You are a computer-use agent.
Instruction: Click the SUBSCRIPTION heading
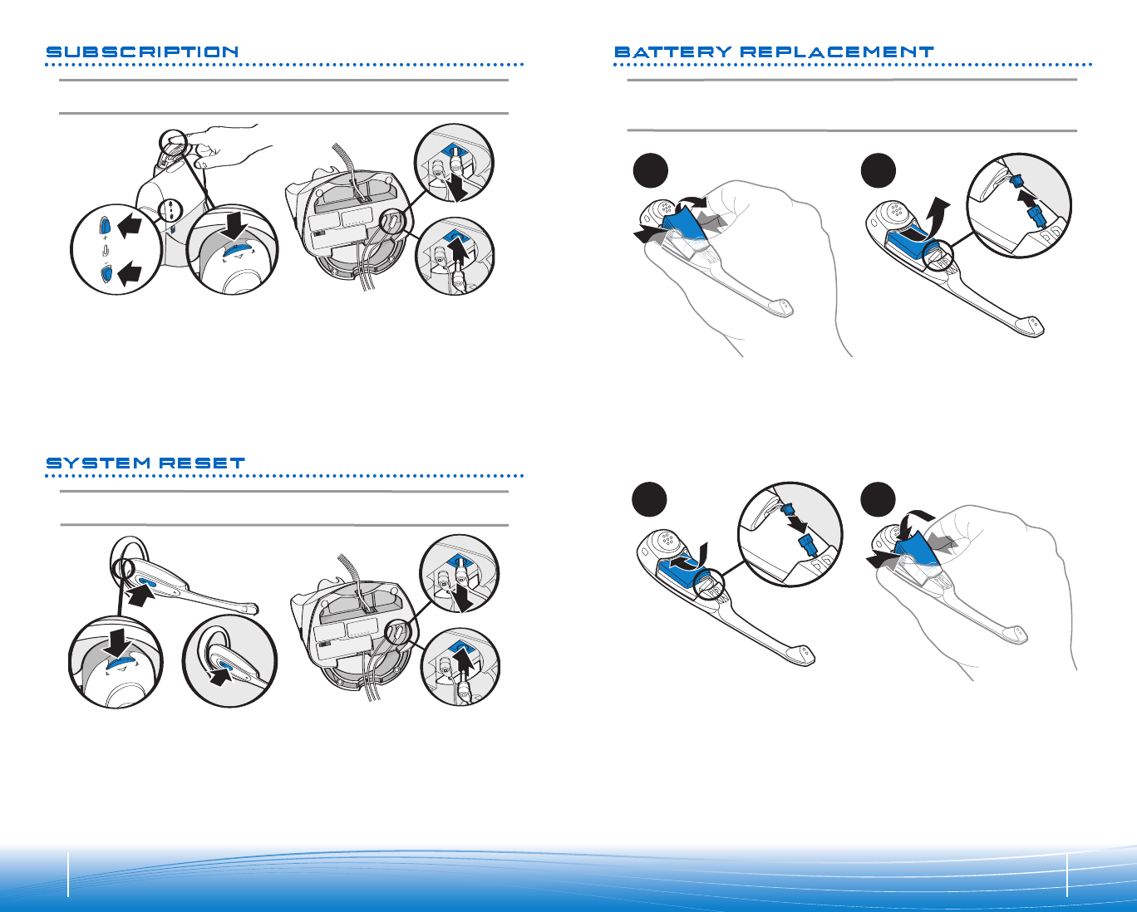click(x=142, y=52)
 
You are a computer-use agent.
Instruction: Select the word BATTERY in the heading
click(x=672, y=52)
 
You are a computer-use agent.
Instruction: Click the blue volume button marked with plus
click(x=105, y=225)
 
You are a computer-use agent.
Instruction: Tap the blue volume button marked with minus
click(x=106, y=273)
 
